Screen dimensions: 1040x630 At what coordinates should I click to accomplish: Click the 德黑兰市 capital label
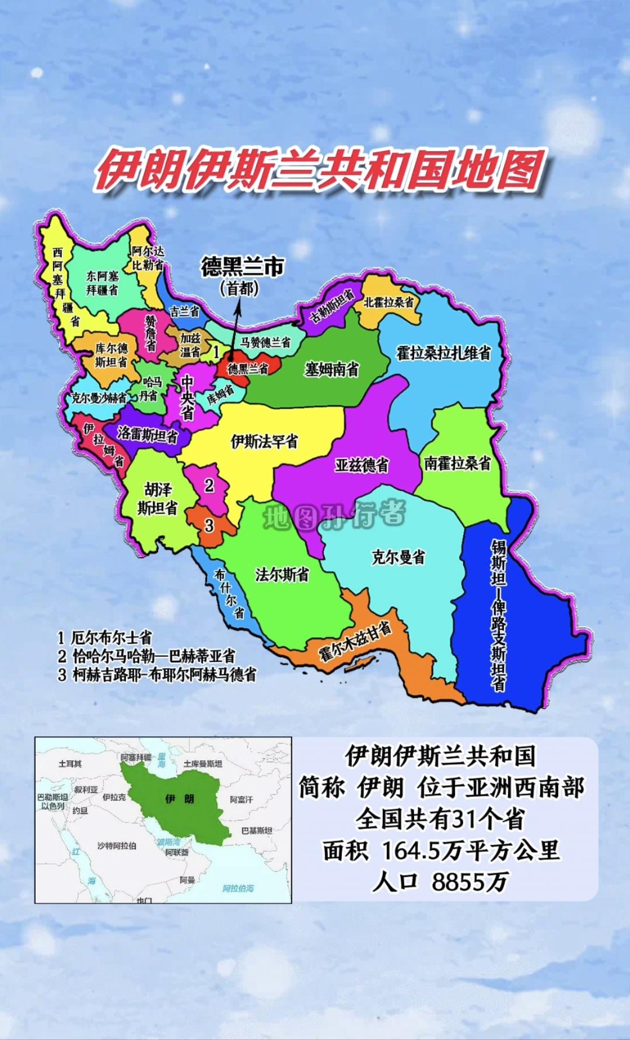coord(242,268)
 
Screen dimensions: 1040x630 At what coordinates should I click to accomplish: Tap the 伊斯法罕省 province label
coord(264,441)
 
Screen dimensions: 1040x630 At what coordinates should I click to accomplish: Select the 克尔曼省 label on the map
coord(398,557)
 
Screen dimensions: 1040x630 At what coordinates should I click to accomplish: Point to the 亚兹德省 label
coord(362,465)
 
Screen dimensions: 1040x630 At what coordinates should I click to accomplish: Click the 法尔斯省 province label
coord(282,575)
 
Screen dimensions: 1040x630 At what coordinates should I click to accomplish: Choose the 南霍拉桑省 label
coord(457,463)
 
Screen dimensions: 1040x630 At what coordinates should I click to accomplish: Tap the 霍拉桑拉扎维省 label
coord(443,353)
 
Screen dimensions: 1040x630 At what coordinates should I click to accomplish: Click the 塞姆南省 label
coord(332,369)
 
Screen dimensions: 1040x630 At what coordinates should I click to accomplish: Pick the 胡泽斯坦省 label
coord(157,498)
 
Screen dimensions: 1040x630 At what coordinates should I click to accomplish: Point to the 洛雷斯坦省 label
coord(147,434)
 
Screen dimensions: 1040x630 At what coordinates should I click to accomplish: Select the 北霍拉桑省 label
coord(389,302)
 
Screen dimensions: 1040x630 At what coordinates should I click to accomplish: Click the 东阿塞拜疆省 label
coord(103,283)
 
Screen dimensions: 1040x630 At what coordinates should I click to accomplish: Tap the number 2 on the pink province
coord(209,485)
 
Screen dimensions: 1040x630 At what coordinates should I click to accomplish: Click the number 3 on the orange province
coord(209,525)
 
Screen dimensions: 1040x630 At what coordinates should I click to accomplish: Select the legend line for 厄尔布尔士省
coord(105,638)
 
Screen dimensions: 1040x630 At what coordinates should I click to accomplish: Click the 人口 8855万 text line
coord(440,881)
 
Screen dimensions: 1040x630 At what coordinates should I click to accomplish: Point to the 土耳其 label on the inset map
coord(70,763)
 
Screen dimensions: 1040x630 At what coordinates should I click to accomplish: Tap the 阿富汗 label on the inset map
coord(242,799)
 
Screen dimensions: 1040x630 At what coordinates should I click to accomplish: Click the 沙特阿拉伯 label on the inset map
coord(117,845)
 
